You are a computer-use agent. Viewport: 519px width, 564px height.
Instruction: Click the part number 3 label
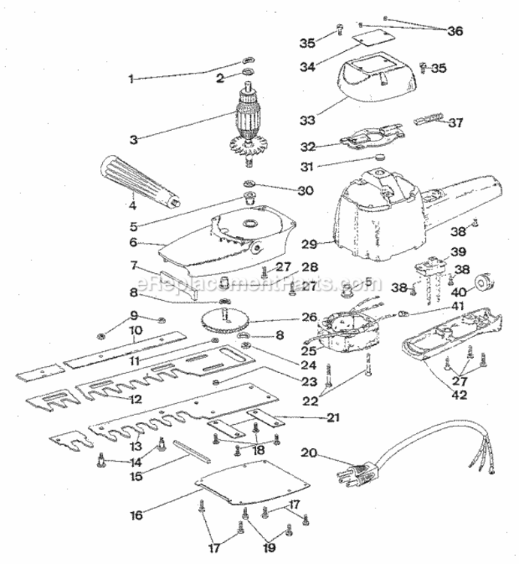pos(134,140)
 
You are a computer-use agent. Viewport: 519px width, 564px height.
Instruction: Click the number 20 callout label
pos(309,453)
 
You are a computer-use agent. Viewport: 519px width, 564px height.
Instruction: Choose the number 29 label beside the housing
pos(309,244)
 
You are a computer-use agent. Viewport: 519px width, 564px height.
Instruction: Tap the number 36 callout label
pos(454,31)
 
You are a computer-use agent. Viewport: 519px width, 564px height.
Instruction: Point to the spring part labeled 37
pos(429,119)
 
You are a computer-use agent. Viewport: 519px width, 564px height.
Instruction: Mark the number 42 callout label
pos(460,395)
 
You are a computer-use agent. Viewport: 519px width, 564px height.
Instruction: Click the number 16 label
pos(137,515)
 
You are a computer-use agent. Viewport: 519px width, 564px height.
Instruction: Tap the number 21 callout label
pos(333,417)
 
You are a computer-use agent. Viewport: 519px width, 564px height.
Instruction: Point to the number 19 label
pos(270,547)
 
